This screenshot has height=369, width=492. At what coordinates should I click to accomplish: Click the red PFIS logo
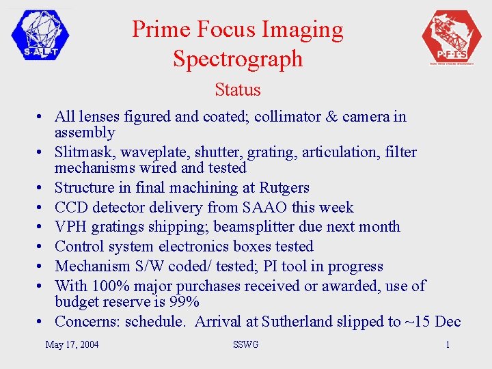click(452, 37)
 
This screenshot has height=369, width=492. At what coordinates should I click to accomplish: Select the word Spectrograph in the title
click(237, 59)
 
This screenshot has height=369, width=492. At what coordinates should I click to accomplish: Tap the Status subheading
click(237, 90)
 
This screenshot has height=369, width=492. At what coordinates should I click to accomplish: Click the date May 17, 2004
click(72, 344)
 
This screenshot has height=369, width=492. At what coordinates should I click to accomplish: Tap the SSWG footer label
click(245, 344)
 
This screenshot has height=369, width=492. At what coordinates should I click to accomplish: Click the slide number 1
click(448, 344)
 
